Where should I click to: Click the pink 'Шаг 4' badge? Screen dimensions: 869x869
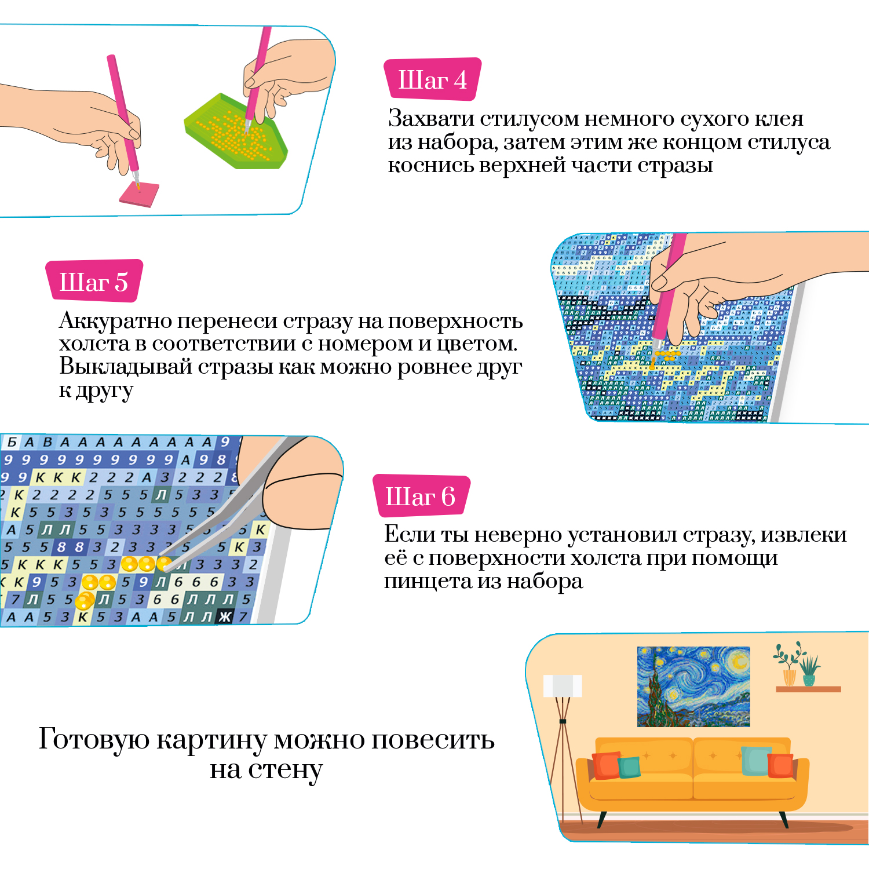pyautogui.click(x=432, y=79)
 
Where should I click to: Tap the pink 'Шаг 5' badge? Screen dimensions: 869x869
pyautogui.click(x=94, y=282)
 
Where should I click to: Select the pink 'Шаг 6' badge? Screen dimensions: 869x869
pyautogui.click(x=421, y=496)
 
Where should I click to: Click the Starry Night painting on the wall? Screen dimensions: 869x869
pyautogui.click(x=693, y=687)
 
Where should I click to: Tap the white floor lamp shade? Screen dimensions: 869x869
pyautogui.click(x=562, y=686)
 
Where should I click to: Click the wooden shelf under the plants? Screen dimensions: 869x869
pyautogui.click(x=808, y=689)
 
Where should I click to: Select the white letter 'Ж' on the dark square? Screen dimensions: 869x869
pyautogui.click(x=224, y=618)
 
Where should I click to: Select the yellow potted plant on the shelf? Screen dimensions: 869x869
pyautogui.click(x=788, y=675)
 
